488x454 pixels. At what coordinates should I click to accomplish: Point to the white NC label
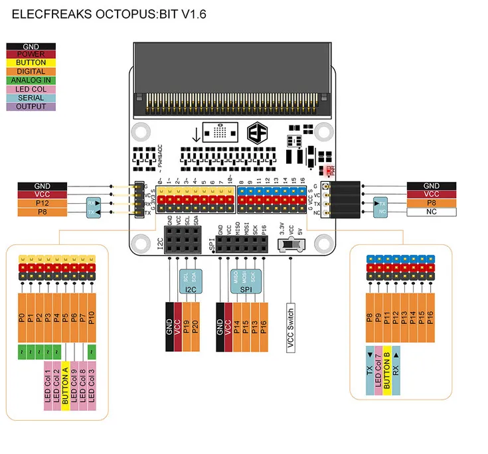click(x=431, y=212)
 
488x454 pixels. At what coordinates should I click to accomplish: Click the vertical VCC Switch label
click(x=291, y=327)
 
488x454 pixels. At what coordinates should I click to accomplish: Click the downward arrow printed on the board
click(x=196, y=133)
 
